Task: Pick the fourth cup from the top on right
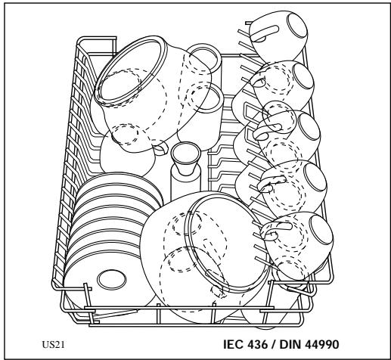point(295,185)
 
